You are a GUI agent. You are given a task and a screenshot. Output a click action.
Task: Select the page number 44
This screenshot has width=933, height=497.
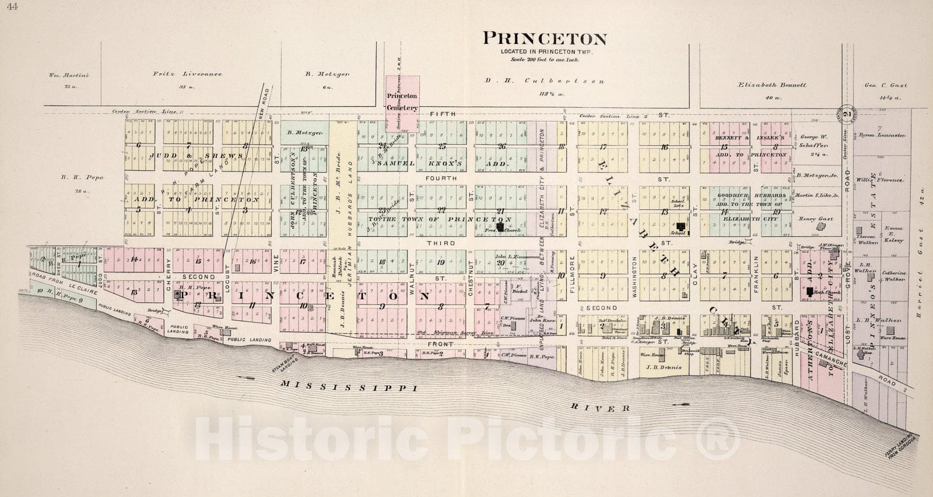tap(8, 6)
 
